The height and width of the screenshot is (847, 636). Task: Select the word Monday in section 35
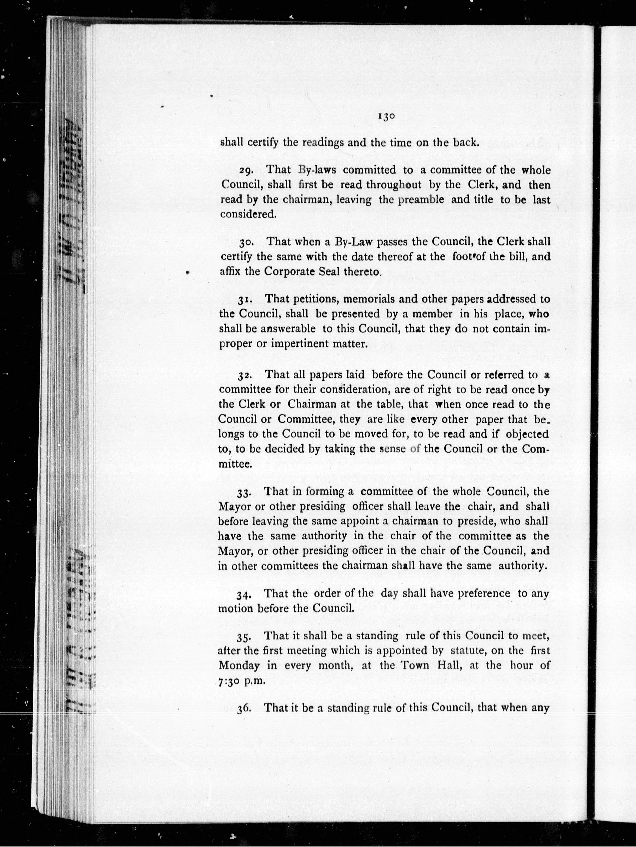pos(239,666)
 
